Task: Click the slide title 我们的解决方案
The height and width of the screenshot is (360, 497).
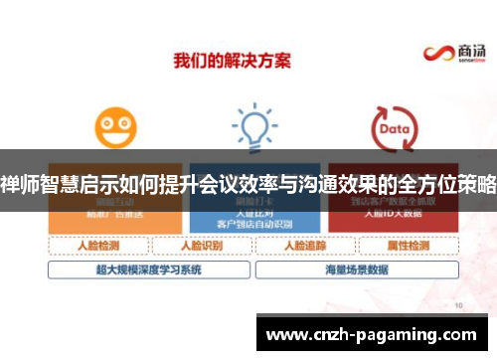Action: pos(233,61)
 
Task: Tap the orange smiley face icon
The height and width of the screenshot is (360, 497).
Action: pos(115,128)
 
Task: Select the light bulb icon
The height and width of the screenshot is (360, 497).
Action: pos(253,126)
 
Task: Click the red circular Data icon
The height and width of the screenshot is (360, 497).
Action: pos(393,128)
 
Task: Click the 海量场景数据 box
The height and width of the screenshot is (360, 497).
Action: pos(353,269)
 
